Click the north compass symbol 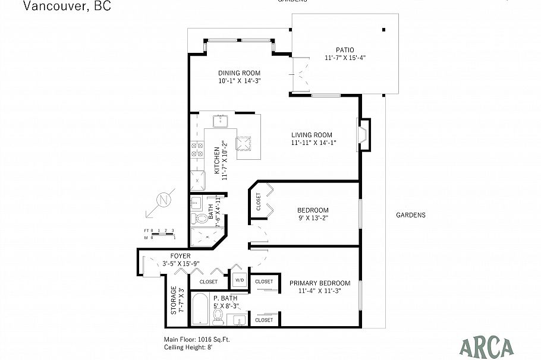[162, 200]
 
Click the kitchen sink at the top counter [222, 122]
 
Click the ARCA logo [487, 345]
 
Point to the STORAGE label [174, 301]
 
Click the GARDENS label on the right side [410, 216]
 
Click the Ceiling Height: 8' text [188, 348]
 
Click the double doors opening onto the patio [301, 75]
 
